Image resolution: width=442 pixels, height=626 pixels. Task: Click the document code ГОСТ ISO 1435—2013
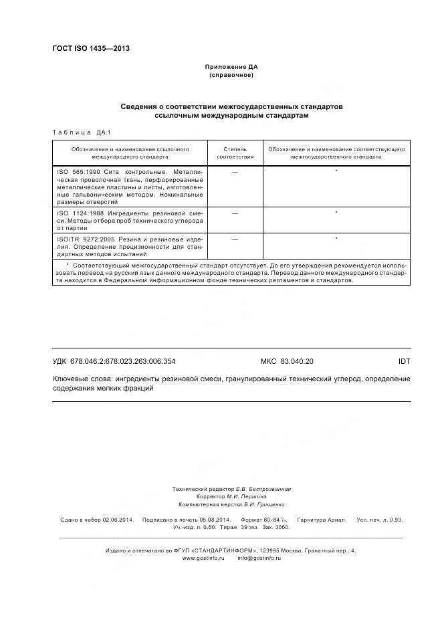point(91,48)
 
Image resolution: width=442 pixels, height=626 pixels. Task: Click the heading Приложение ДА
point(231,67)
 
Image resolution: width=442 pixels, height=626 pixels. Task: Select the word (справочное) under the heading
point(231,75)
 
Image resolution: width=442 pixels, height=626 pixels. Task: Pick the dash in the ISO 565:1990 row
point(235,173)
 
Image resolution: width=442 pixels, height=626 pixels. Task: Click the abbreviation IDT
point(404,361)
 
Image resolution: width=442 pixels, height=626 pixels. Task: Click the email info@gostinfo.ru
point(259,558)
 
